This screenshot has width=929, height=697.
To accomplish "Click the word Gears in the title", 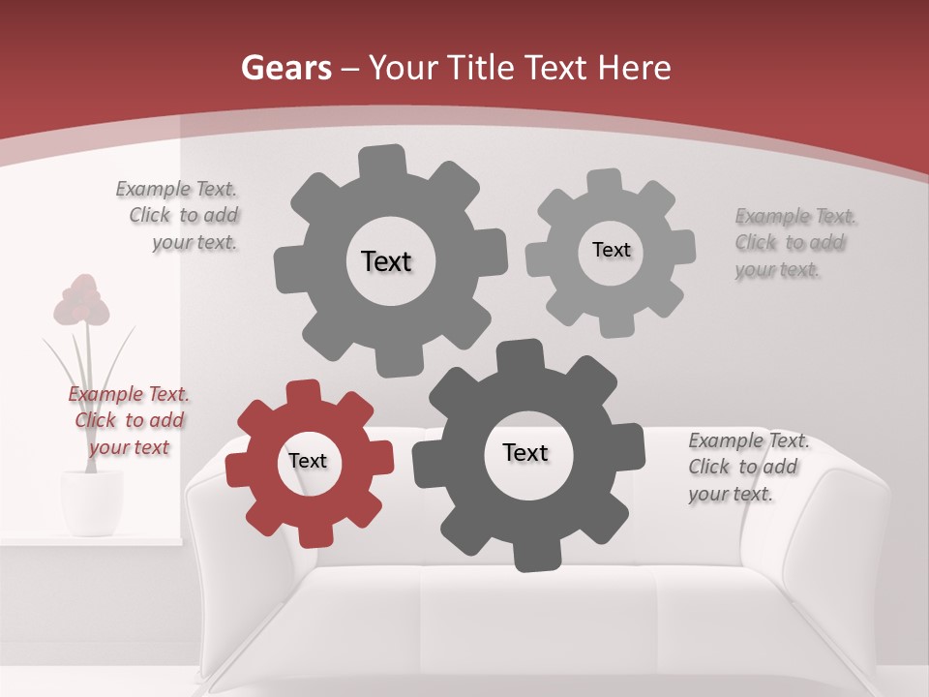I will point(285,68).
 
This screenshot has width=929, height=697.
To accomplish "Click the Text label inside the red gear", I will point(308,462).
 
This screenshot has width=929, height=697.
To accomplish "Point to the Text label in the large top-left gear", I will point(386,261).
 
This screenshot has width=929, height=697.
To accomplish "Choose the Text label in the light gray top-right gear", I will point(611,250).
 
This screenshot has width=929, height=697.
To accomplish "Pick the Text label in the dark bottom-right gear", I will point(525,453).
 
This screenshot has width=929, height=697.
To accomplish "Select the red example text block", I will point(129,420).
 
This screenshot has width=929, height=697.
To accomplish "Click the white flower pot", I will point(91,500).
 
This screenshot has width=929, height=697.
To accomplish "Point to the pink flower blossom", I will point(82,300).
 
